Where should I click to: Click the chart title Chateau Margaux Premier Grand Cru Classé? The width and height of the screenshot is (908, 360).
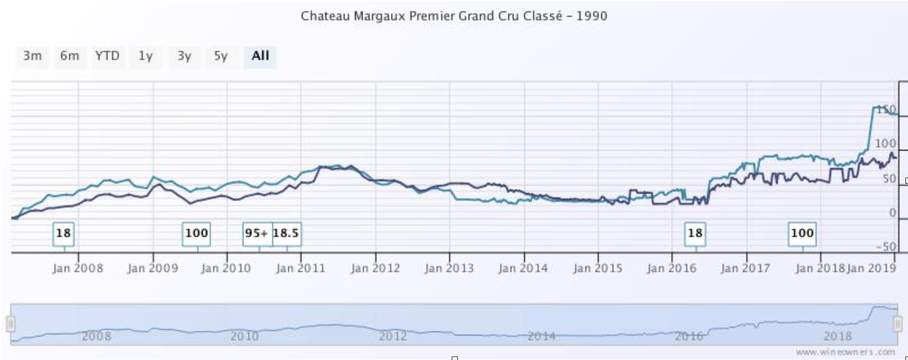point(453,16)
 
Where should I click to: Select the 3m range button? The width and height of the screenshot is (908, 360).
point(32,56)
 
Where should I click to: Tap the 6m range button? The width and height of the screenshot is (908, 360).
point(69,56)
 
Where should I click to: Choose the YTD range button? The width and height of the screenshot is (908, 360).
point(107,56)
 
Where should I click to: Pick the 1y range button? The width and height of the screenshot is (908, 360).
point(145,56)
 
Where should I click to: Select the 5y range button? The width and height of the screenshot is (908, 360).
point(221,56)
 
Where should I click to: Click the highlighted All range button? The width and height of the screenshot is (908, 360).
point(260,56)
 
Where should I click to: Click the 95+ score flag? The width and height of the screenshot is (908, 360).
point(257,233)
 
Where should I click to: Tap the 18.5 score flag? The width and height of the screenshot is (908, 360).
point(286,233)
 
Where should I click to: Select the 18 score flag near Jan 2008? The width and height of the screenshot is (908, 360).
point(63,233)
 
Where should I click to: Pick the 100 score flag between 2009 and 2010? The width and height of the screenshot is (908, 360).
point(196,233)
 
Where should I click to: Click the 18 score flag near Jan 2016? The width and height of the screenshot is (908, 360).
point(695,233)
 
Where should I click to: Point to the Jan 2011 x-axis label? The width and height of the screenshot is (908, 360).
point(300,268)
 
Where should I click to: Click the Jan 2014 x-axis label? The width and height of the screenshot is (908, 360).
point(523,268)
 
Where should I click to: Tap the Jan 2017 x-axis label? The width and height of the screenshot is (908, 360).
point(745,268)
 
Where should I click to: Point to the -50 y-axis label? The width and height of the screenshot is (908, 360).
point(886,246)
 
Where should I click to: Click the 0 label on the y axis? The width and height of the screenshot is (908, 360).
point(892,213)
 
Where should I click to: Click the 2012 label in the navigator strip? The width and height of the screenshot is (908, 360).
point(392,335)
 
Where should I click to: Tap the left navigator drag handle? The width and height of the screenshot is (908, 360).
point(11,324)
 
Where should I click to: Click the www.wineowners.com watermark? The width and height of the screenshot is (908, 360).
point(845,351)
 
